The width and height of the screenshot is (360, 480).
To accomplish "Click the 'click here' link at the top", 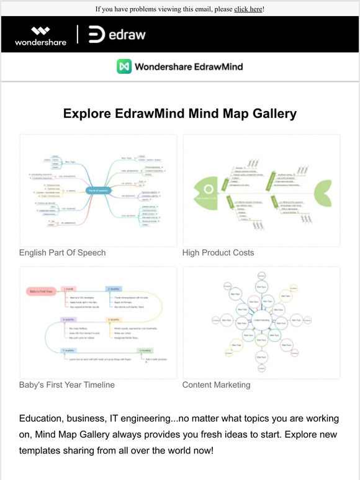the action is pos(248,9).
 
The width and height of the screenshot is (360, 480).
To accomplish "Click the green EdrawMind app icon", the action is pos(124,66).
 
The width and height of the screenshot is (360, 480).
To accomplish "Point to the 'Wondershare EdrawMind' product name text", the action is pos(189,66).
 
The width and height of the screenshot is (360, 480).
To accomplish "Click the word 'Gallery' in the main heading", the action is pos(264,114).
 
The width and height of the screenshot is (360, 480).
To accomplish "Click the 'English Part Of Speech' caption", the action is pos(62,253).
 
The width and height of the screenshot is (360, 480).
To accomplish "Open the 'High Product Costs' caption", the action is pos(218,253).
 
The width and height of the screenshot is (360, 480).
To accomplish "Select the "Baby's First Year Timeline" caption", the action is pos(67,385).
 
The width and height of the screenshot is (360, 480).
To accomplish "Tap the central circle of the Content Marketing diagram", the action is pos(261,320).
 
